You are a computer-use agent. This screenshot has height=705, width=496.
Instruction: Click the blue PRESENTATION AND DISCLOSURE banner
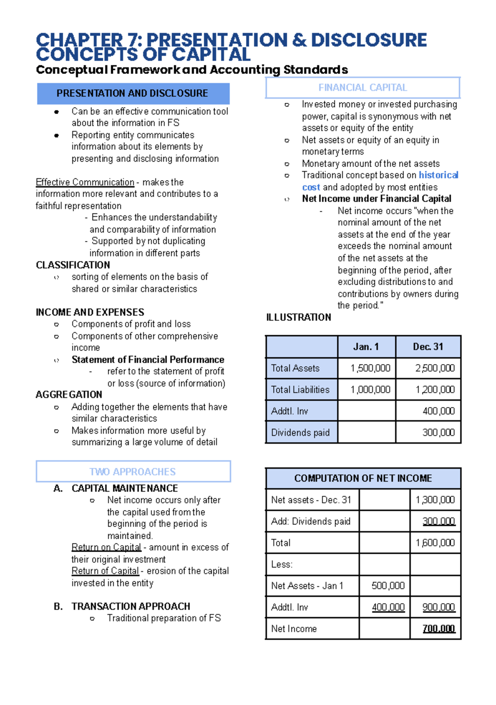(x=133, y=93)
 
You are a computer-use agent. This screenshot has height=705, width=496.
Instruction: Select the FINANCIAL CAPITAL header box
(x=362, y=88)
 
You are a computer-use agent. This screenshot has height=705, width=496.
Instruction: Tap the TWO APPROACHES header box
(x=133, y=472)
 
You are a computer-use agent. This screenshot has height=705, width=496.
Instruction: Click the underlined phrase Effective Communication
(x=85, y=182)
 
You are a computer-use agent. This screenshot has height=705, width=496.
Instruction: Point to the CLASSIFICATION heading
(x=73, y=265)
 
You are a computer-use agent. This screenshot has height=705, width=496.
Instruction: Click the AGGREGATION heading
(x=69, y=395)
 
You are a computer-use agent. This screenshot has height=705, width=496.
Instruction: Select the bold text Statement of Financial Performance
(x=148, y=360)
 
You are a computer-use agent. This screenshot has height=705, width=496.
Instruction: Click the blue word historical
(x=438, y=175)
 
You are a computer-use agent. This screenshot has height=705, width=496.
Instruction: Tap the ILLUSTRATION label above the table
(x=298, y=317)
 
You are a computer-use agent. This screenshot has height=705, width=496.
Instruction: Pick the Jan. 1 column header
(x=366, y=347)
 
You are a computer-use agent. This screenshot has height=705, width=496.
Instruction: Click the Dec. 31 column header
(x=428, y=347)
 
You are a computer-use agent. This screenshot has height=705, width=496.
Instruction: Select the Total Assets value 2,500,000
(x=435, y=368)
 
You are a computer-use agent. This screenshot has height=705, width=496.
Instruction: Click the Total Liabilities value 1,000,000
(x=370, y=390)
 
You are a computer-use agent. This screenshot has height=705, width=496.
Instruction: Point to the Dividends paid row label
(x=300, y=433)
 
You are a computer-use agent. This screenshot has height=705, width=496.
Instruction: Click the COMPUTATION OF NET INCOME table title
(x=363, y=478)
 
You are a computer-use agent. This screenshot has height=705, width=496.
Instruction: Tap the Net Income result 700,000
(x=439, y=629)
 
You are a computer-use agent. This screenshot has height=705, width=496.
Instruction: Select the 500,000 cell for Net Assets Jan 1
(x=388, y=586)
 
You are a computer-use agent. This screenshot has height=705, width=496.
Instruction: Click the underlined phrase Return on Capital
(x=106, y=547)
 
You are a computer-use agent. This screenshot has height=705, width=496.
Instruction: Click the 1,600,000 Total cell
(x=435, y=543)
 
